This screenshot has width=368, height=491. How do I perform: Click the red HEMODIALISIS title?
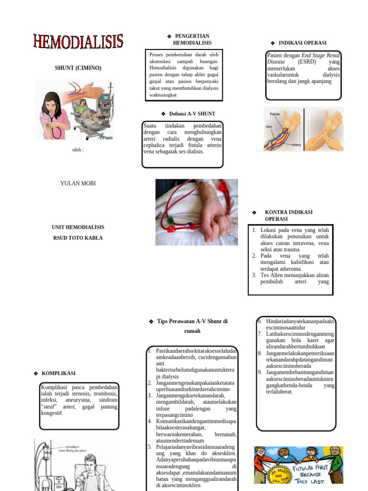coord(78,42)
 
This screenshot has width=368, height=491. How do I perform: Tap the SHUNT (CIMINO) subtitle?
coord(78,68)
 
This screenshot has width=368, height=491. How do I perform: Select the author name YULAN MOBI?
coord(78,183)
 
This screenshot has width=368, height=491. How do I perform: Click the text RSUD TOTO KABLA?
coord(78,238)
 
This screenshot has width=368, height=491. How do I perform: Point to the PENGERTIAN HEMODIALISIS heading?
coord(192,40)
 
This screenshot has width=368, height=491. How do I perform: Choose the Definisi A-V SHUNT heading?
coord(189,114)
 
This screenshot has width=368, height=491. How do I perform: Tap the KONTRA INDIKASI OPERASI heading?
coord(288,215)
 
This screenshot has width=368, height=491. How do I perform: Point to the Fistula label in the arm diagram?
coord(275,115)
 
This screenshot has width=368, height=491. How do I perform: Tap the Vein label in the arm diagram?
coord(269,127)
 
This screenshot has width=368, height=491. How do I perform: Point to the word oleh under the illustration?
coord(78,150)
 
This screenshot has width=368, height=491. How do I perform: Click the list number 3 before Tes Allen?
coord(254,275)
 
